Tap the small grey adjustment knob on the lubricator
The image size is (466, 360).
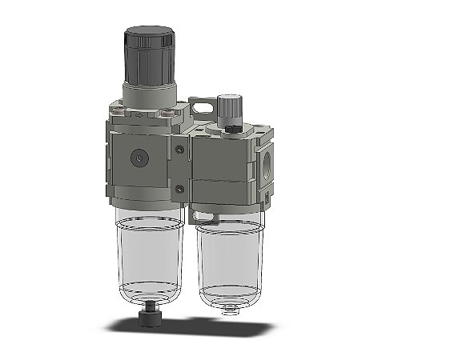pos(230,106)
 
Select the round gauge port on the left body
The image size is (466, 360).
pos(142,158)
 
